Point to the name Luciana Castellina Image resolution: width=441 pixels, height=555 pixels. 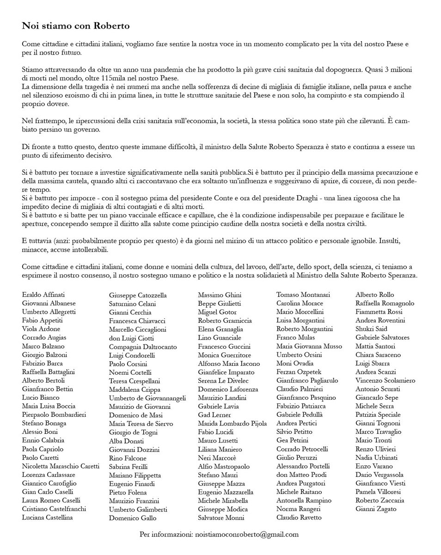tap(47, 517)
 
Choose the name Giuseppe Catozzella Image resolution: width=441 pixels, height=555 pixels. tap(138, 295)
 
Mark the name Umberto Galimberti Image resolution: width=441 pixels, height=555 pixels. tap(138, 509)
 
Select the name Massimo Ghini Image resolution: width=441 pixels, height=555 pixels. tap(220, 295)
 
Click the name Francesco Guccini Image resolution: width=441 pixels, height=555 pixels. tap(224, 346)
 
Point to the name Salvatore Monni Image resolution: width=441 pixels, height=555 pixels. tap(221, 518)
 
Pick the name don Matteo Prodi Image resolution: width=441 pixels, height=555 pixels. tap(302, 475)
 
